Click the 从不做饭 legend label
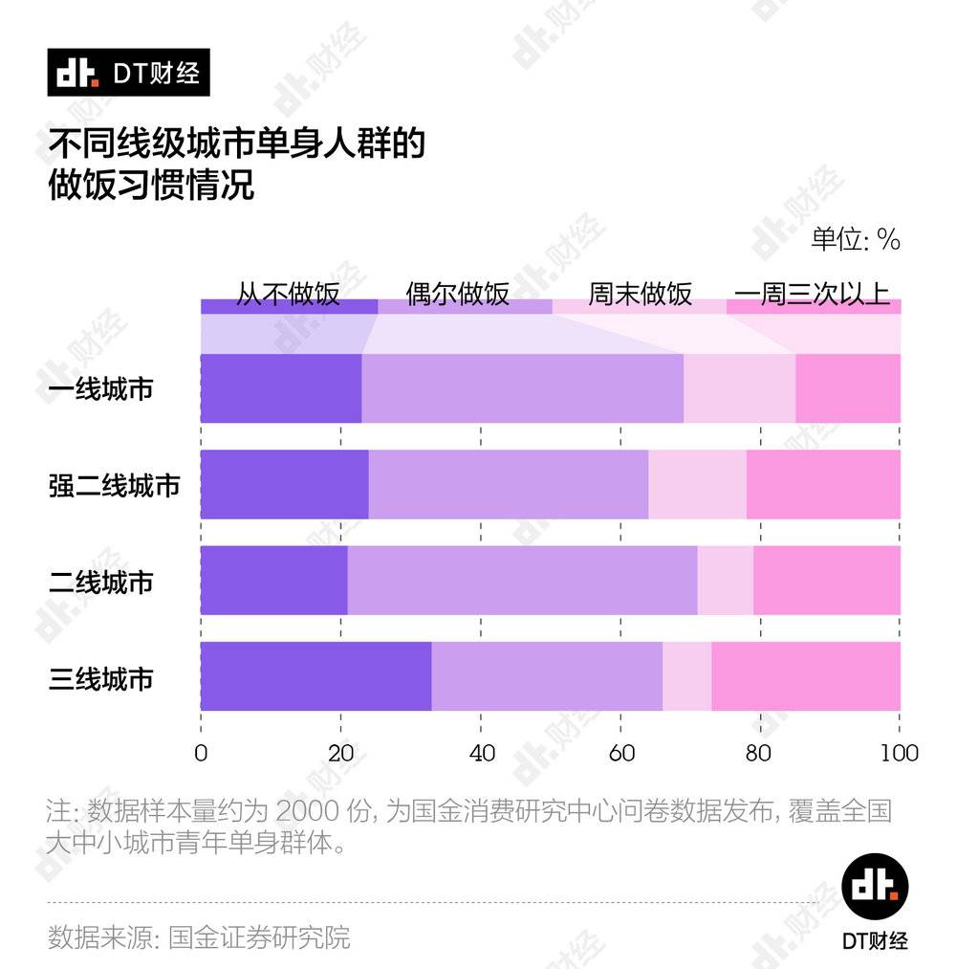click(288, 294)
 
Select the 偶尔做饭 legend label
click(458, 294)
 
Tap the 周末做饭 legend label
click(640, 294)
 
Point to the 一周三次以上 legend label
click(813, 294)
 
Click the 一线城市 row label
click(100, 389)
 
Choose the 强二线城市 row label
click(114, 485)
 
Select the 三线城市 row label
click(100, 679)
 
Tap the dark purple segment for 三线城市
click(315, 676)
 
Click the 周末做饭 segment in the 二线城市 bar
click(725, 581)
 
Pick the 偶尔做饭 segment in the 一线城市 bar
click(522, 388)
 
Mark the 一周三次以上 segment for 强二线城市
click(823, 485)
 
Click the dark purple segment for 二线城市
click(273, 581)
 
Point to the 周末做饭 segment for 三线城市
click(686, 676)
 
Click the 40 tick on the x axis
click(481, 753)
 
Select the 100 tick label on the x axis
click(899, 753)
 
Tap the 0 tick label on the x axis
click(201, 753)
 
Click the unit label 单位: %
click(856, 239)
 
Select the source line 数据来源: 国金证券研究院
click(199, 936)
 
